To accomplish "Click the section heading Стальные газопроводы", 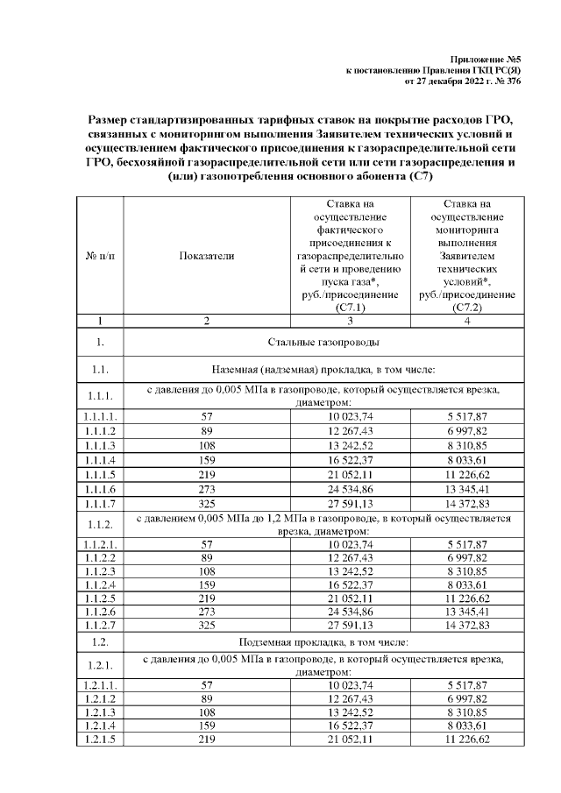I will (x=321, y=342).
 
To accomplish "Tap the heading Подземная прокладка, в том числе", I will (x=321, y=642).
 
